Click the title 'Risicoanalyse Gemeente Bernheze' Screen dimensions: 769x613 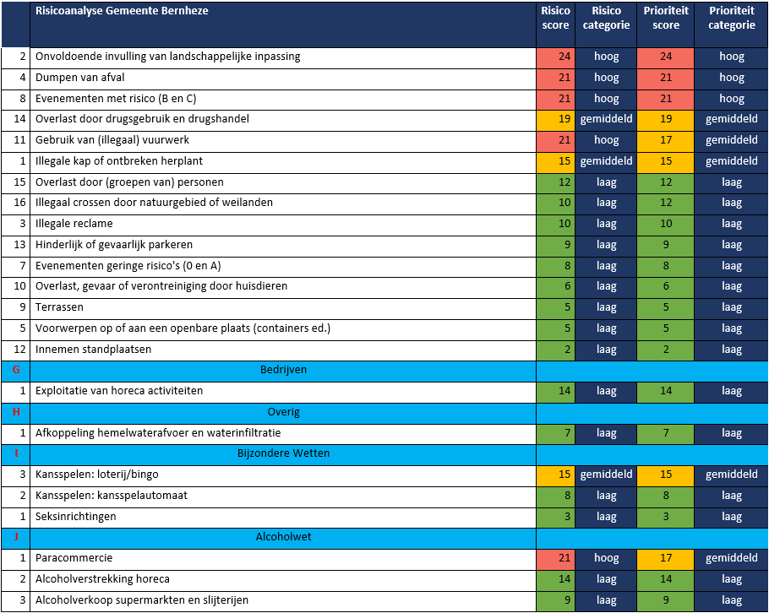[122, 11]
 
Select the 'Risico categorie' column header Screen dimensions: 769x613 [606, 18]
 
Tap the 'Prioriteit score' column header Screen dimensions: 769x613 [666, 18]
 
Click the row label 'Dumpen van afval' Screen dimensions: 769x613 [80, 78]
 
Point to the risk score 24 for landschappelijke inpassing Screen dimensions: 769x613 [564, 57]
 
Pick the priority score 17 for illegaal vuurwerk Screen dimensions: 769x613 [666, 140]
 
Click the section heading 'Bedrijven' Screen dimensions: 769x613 [283, 370]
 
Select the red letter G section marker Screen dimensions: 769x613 [16, 370]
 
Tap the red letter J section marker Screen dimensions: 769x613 [16, 536]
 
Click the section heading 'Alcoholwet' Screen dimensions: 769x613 [283, 536]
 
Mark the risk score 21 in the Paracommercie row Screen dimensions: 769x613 [564, 557]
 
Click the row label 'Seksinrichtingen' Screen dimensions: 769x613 [75, 517]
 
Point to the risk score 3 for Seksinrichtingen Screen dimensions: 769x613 [567, 517]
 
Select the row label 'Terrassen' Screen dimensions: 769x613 [59, 307]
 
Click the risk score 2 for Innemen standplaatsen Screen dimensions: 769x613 [567, 350]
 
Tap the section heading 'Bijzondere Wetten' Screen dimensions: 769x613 [283, 453]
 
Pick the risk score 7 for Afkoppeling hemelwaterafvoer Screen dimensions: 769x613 [567, 432]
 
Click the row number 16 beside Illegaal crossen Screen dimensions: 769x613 [19, 203]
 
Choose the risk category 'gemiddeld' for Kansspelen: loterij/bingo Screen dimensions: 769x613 [606, 475]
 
